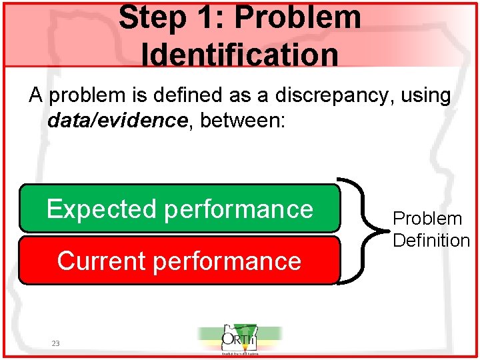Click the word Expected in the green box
point(101,209)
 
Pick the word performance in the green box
point(239,209)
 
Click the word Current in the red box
point(101,261)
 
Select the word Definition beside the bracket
point(431,241)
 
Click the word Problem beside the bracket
point(427,219)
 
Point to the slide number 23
point(55,343)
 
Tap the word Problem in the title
point(297,18)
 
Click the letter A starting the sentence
point(36,96)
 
